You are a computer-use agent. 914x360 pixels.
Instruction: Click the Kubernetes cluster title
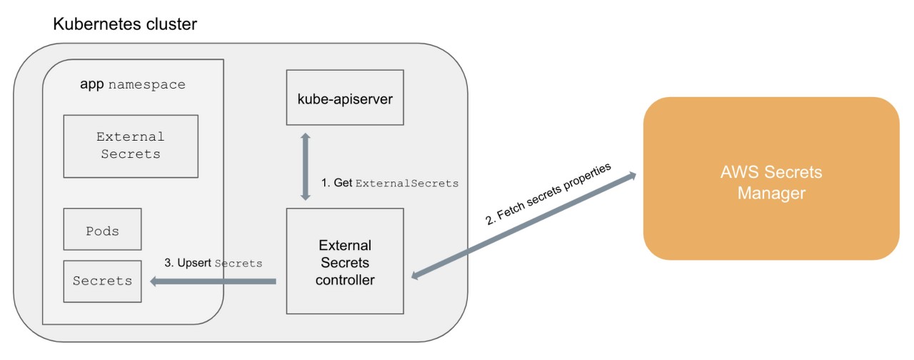click(x=125, y=24)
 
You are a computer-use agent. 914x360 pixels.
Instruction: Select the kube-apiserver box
click(x=345, y=97)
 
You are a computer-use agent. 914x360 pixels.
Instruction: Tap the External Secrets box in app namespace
click(x=131, y=146)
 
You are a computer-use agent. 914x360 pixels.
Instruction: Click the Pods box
click(x=102, y=229)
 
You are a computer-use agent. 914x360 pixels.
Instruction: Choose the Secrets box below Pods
click(x=102, y=281)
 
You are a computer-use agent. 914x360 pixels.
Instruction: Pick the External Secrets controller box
click(x=345, y=261)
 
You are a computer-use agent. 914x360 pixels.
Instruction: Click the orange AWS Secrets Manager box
click(x=771, y=179)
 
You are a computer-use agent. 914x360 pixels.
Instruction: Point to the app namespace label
click(x=132, y=85)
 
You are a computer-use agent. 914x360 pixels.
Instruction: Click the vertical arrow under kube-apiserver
click(x=306, y=166)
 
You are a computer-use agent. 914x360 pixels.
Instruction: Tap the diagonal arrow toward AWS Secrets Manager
click(x=525, y=224)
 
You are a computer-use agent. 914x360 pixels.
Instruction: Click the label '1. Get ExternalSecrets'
click(x=389, y=184)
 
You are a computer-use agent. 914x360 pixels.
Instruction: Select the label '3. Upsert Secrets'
click(x=214, y=264)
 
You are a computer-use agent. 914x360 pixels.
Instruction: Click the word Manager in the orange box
click(x=771, y=194)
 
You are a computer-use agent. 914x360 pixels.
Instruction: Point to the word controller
click(x=345, y=280)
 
